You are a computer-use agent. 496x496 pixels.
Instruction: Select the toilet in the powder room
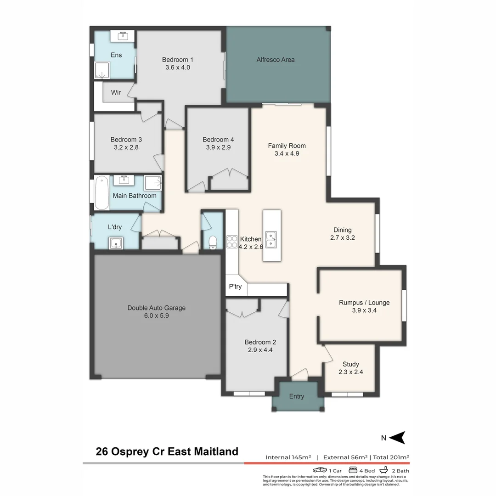click(x=212, y=242)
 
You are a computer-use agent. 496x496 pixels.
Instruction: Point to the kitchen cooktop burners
click(x=231, y=242)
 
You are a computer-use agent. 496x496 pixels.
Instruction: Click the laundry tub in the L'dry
click(x=116, y=242)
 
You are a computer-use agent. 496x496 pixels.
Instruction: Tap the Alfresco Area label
click(x=276, y=60)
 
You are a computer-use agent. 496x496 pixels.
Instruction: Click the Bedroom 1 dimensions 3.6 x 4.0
click(x=178, y=68)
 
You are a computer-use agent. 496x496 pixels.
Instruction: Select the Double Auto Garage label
click(x=156, y=308)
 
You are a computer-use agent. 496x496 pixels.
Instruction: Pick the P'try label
click(x=235, y=287)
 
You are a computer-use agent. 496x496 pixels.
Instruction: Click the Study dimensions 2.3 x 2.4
click(x=350, y=372)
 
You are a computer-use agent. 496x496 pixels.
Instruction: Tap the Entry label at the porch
click(x=296, y=396)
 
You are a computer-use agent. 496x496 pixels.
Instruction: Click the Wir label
click(x=116, y=93)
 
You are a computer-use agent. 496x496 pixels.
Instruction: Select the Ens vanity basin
click(x=123, y=35)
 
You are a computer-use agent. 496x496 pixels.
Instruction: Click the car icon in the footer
click(x=320, y=470)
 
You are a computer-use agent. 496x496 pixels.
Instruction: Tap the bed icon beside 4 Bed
click(x=353, y=470)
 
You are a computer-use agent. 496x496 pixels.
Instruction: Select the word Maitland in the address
click(x=215, y=451)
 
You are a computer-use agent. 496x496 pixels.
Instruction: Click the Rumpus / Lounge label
click(x=364, y=303)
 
